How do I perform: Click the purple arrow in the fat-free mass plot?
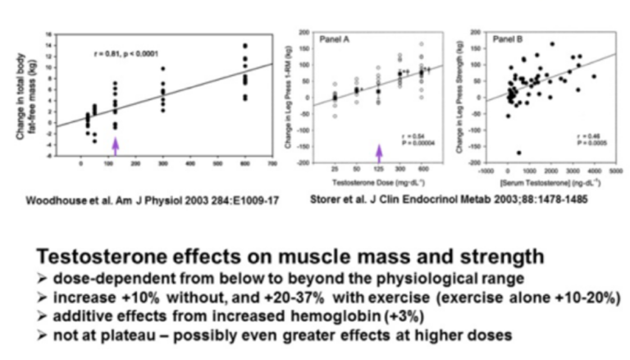116,145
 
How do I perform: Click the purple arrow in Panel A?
380,152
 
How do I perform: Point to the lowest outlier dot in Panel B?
518,153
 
